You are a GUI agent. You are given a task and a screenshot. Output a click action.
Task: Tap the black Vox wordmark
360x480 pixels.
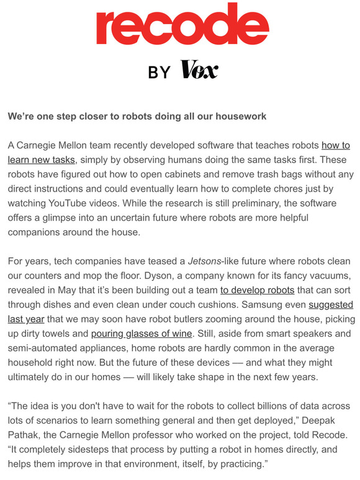(x=199, y=71)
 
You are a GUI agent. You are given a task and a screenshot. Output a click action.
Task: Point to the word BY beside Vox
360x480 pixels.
(x=160, y=72)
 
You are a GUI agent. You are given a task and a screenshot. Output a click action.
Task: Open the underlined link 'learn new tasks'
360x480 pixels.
(x=42, y=160)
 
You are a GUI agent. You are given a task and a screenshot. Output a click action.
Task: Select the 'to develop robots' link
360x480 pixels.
(x=258, y=290)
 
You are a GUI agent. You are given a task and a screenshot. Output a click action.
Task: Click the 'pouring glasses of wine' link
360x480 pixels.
(x=142, y=334)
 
